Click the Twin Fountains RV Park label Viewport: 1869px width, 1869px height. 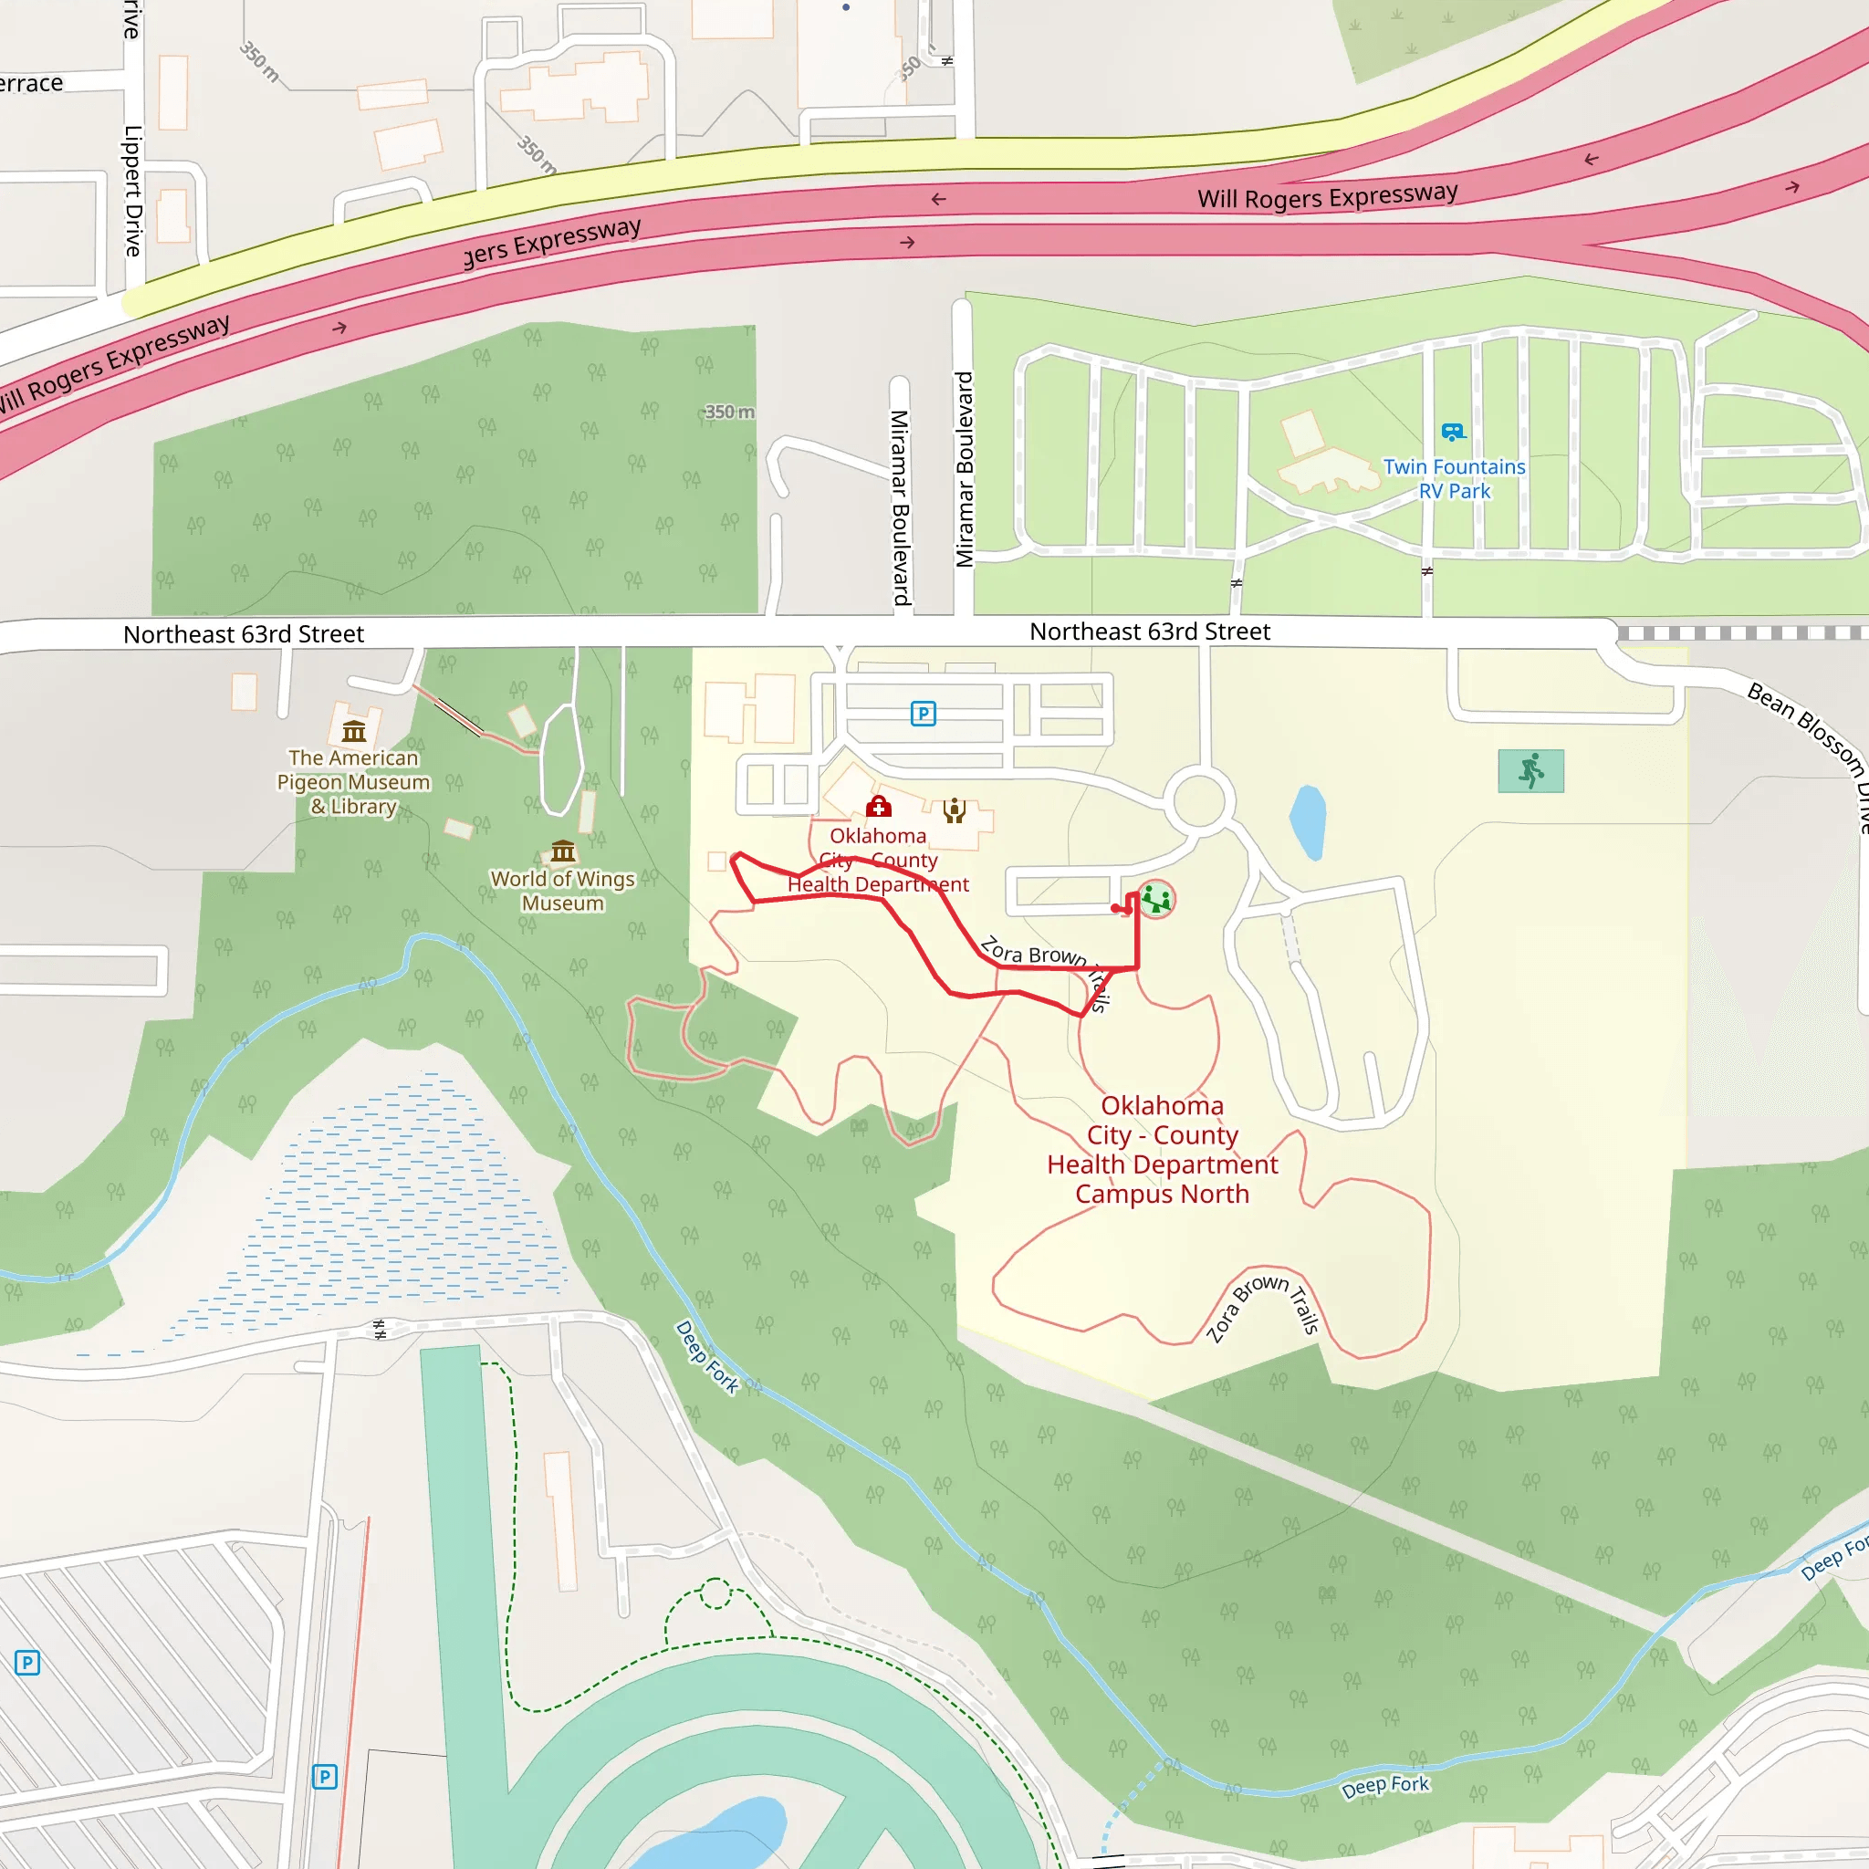1453,479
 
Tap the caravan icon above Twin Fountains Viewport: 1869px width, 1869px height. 1453,432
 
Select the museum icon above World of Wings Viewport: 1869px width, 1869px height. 563,851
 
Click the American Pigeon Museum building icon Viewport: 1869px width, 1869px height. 354,731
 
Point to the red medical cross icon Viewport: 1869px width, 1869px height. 879,806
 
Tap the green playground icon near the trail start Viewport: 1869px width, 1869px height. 1156,900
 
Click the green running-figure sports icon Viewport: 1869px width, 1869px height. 1530,771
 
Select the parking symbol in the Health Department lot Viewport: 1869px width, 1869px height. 923,714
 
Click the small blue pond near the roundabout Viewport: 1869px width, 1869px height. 1308,821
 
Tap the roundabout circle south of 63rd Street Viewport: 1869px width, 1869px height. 1199,801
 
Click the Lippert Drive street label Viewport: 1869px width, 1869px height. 133,191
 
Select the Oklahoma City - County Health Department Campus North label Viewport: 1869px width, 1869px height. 1162,1149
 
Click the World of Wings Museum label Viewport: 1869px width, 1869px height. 563,891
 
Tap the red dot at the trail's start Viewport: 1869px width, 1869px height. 1115,908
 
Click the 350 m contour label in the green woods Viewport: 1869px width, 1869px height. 729,412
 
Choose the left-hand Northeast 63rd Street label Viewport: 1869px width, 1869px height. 244,634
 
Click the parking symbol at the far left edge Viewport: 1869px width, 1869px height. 27,1663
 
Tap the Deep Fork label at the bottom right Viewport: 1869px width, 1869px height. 1385,1786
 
